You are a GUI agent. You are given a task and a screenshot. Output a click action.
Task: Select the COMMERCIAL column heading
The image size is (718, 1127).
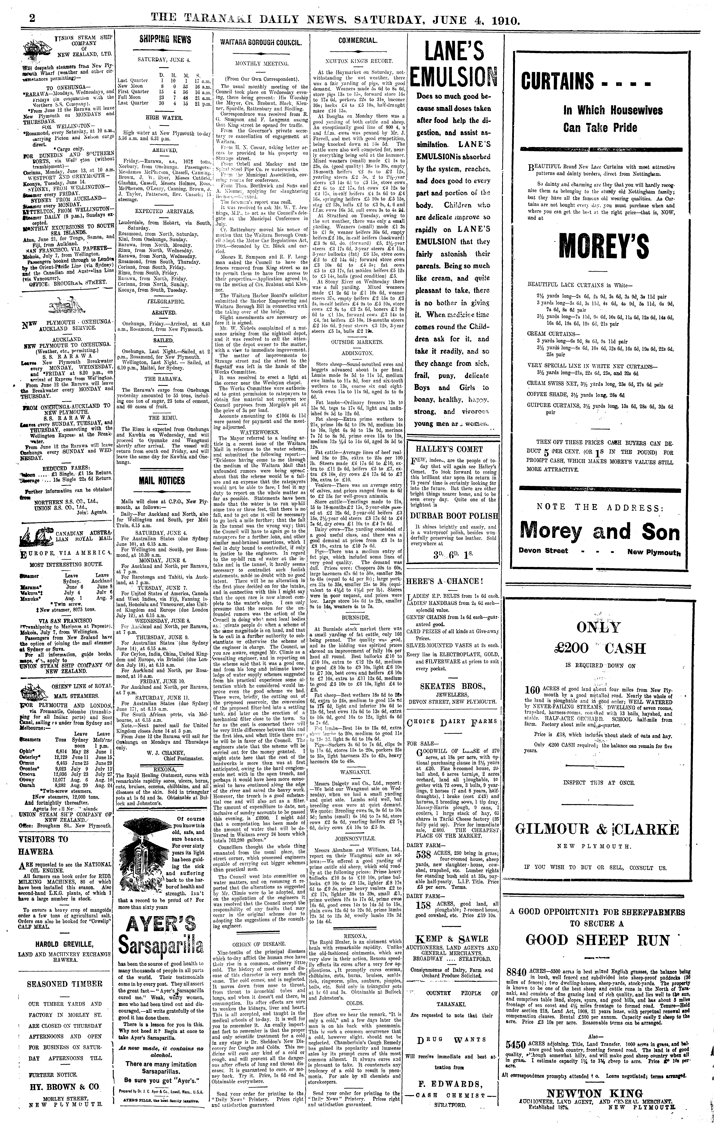[357, 40]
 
